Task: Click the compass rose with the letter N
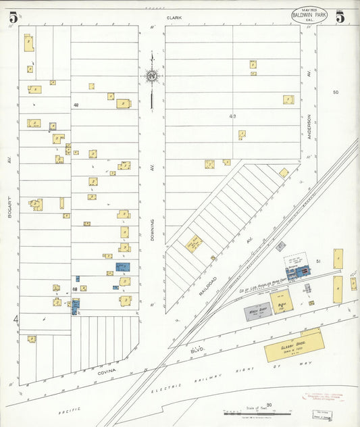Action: coord(152,76)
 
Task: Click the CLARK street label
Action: coord(176,17)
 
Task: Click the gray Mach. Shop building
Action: coord(256,313)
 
